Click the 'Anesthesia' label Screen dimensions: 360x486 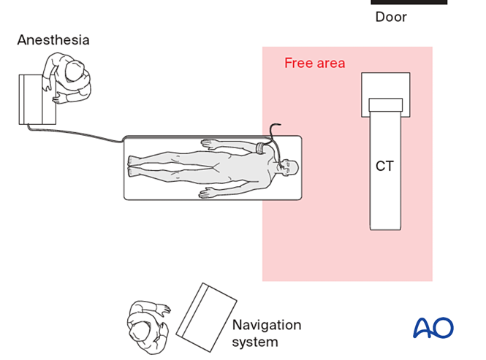click(53, 40)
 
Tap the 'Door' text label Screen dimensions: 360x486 click(391, 17)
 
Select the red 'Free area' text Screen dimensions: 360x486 click(315, 64)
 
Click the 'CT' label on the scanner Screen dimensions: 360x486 click(384, 166)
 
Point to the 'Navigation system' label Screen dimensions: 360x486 click(267, 333)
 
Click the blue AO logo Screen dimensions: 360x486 click(433, 328)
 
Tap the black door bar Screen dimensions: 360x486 click(409, 2)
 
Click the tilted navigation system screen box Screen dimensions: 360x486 click(207, 315)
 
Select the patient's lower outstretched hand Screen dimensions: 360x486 click(208, 194)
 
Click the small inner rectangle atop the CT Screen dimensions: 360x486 click(385, 104)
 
